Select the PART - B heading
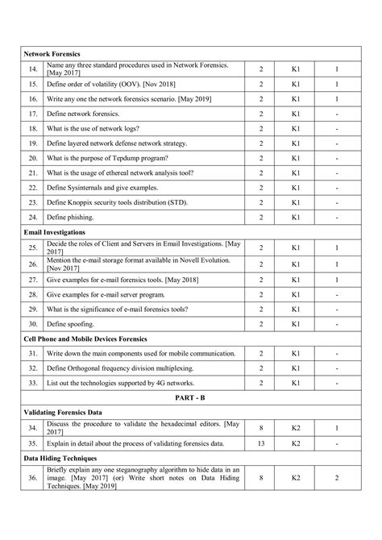tap(191, 398)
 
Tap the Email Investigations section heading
tap(56, 232)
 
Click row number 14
tap(32, 69)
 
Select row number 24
tap(32, 217)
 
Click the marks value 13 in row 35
tap(261, 442)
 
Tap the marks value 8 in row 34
tap(261, 427)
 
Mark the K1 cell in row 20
tap(297, 158)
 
